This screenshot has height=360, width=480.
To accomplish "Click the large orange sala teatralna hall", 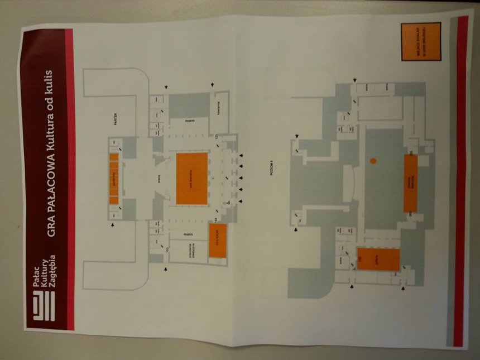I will pos(191,178).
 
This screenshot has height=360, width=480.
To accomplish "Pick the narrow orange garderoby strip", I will pos(114,178).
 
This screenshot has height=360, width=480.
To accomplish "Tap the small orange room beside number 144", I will pos(218,241).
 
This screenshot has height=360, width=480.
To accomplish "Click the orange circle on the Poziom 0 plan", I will pos(373,161).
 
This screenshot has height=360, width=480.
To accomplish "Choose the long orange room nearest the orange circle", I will pos(410,183).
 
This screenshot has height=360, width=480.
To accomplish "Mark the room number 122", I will pos(215,136).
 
